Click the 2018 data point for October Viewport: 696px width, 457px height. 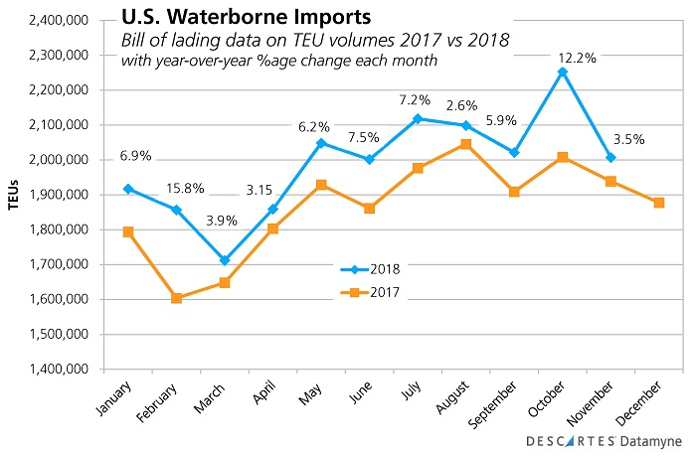563,72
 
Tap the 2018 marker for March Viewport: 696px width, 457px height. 226,260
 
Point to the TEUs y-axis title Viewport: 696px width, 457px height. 14,195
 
